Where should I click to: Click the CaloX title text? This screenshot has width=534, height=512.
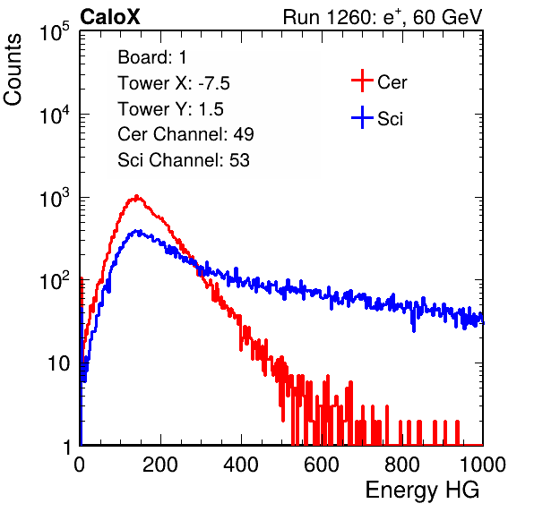click(x=110, y=17)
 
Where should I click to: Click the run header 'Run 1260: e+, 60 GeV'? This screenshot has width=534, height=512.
click(x=383, y=17)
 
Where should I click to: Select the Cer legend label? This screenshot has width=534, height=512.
click(x=392, y=82)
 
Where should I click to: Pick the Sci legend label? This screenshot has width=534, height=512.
click(x=391, y=119)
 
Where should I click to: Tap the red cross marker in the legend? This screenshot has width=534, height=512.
click(x=362, y=81)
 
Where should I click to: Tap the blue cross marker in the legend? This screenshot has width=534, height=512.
click(x=362, y=117)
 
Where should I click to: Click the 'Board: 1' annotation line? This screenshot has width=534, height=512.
click(x=152, y=57)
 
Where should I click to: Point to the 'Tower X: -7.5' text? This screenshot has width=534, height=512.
click(x=174, y=83)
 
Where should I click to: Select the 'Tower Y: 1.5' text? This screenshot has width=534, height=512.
click(x=170, y=109)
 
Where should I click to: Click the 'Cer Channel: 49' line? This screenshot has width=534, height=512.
click(x=185, y=134)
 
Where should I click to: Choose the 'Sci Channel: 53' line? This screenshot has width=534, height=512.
click(x=184, y=160)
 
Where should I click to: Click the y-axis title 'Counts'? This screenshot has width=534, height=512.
click(x=13, y=70)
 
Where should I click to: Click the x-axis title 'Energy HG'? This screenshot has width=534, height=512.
click(x=422, y=490)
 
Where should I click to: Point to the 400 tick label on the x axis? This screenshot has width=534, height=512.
click(x=241, y=465)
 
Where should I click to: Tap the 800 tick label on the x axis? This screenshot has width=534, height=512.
click(x=402, y=465)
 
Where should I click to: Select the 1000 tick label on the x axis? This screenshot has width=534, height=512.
click(x=483, y=465)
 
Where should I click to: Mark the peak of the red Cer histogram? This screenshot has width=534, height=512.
click(x=136, y=196)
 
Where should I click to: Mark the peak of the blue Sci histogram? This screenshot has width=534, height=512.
click(x=138, y=231)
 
